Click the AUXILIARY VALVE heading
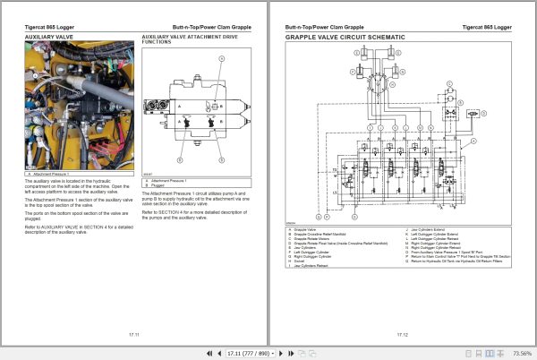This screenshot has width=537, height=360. point(50,39)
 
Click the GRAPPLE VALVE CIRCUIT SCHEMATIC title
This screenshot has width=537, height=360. point(345,39)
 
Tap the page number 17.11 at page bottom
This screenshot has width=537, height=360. point(133,333)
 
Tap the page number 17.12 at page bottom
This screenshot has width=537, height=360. point(403,333)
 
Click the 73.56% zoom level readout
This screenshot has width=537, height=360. point(520,353)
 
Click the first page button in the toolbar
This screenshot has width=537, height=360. point(209,353)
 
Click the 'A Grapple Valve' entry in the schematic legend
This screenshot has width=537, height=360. point(310,229)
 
